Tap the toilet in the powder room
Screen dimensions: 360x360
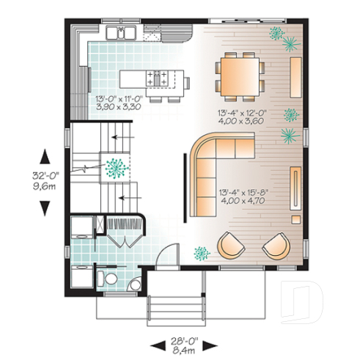[x=106, y=277]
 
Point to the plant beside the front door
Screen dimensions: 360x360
[x=200, y=254]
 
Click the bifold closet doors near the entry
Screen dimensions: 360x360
[x=122, y=240]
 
